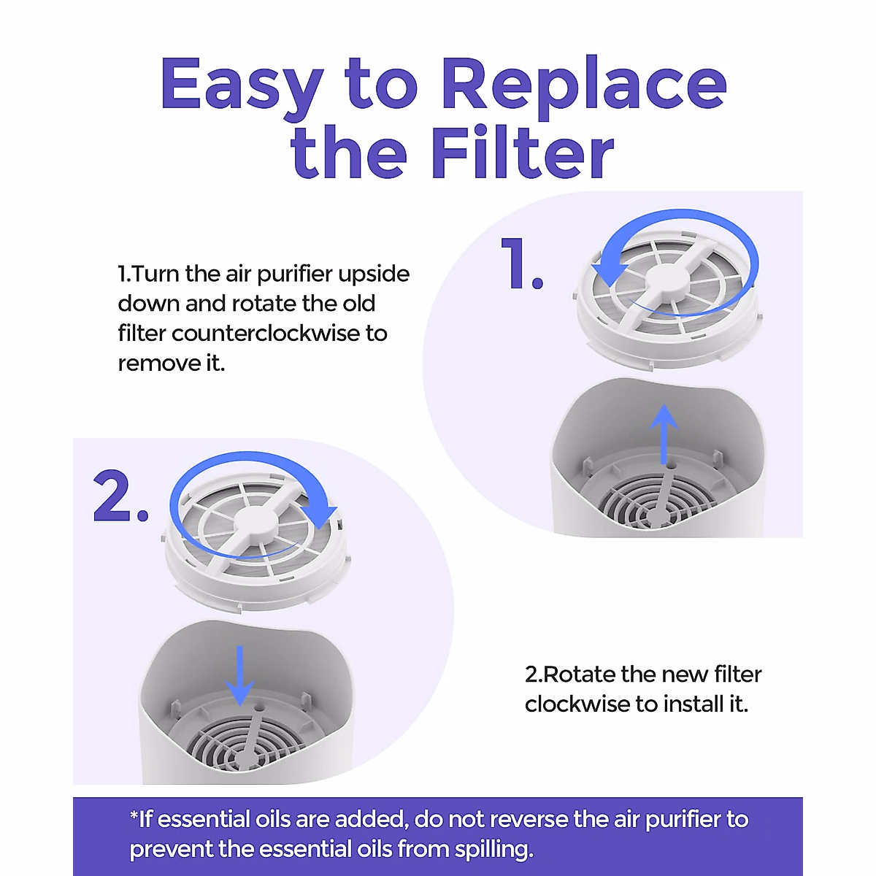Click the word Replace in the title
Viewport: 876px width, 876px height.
click(x=583, y=86)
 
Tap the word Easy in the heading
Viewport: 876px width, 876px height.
click(x=242, y=86)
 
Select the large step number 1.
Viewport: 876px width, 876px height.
click(x=521, y=264)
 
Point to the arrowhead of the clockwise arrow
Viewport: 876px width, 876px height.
click(x=321, y=515)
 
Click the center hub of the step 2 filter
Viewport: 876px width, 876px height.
click(x=255, y=523)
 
